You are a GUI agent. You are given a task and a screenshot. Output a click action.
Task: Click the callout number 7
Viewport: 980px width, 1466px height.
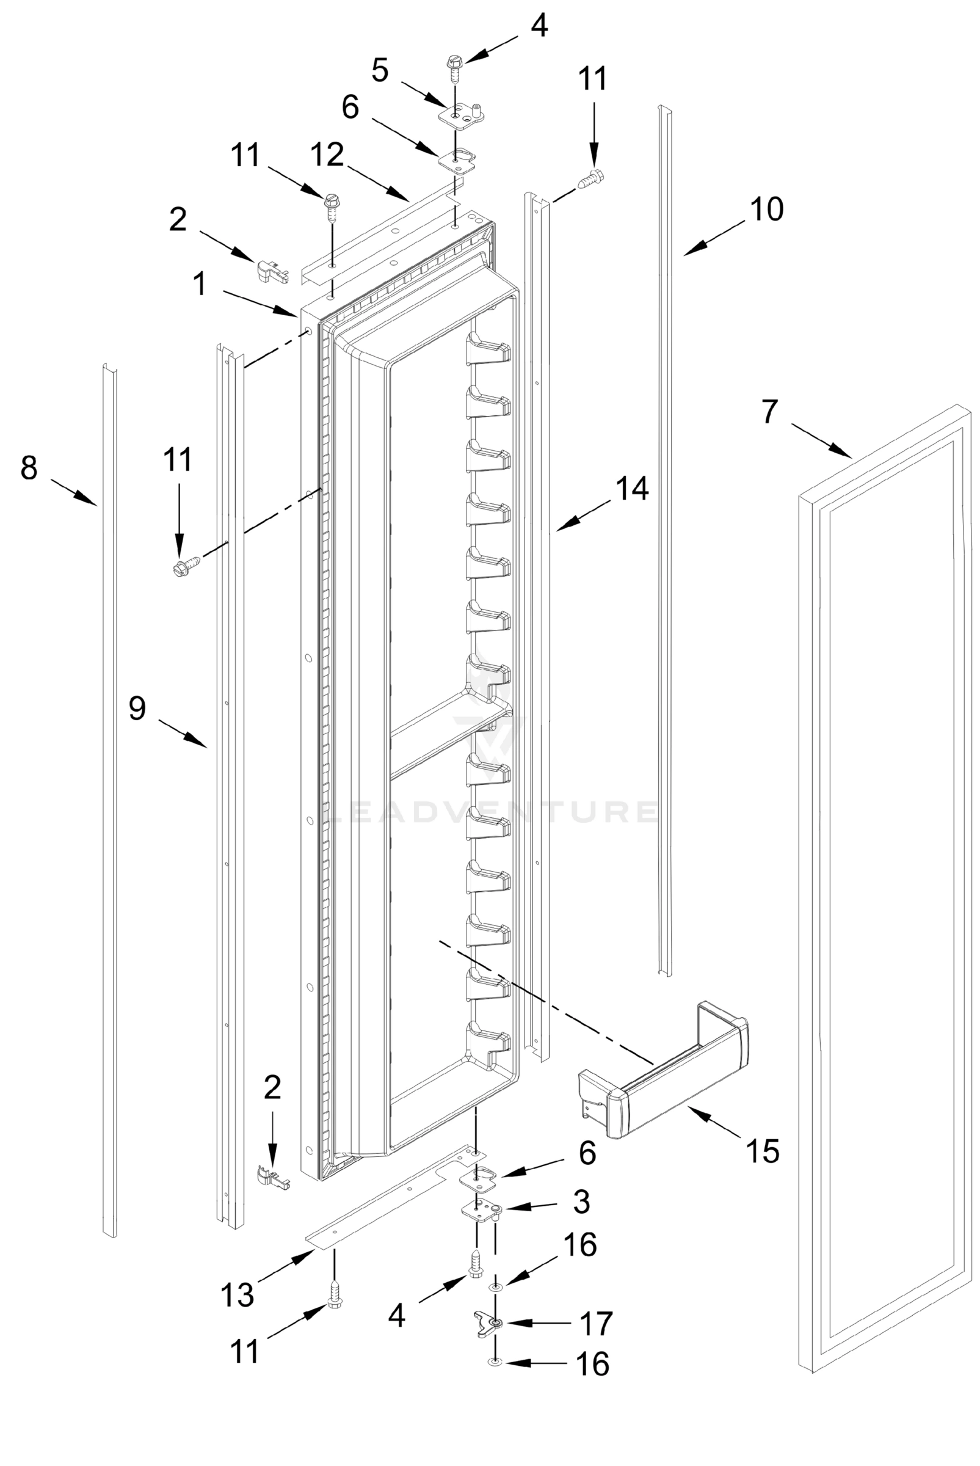pos(769,411)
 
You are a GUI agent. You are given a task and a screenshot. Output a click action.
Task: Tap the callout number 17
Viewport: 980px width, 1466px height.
pos(595,1324)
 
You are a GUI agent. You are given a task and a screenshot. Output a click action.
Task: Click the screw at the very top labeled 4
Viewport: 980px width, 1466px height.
pos(453,69)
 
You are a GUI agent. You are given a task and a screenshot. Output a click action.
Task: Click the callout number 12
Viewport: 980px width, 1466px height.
pos(326,155)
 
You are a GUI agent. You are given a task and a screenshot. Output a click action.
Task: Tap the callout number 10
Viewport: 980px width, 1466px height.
pos(766,209)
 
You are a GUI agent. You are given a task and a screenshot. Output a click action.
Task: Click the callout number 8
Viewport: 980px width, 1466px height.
pos(29,468)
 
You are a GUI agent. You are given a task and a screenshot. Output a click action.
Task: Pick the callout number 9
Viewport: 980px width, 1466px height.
pos(137,709)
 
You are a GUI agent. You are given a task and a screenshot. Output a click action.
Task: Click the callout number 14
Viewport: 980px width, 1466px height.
pos(632,488)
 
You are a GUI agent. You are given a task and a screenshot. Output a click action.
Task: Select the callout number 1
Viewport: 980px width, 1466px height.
pos(200,285)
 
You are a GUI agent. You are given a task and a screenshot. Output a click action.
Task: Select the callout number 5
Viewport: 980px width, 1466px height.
pos(379,70)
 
